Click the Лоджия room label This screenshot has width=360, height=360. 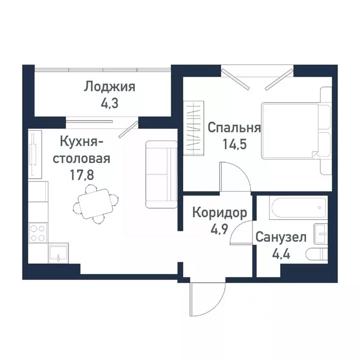(110, 87)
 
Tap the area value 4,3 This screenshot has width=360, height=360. (110, 102)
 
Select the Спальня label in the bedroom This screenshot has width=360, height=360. (234, 127)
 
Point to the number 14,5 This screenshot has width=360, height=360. (234, 142)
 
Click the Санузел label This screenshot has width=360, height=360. (281, 238)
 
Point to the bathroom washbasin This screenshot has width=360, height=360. (321, 233)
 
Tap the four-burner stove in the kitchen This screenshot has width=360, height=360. (38, 233)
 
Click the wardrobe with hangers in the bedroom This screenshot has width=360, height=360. (195, 127)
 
